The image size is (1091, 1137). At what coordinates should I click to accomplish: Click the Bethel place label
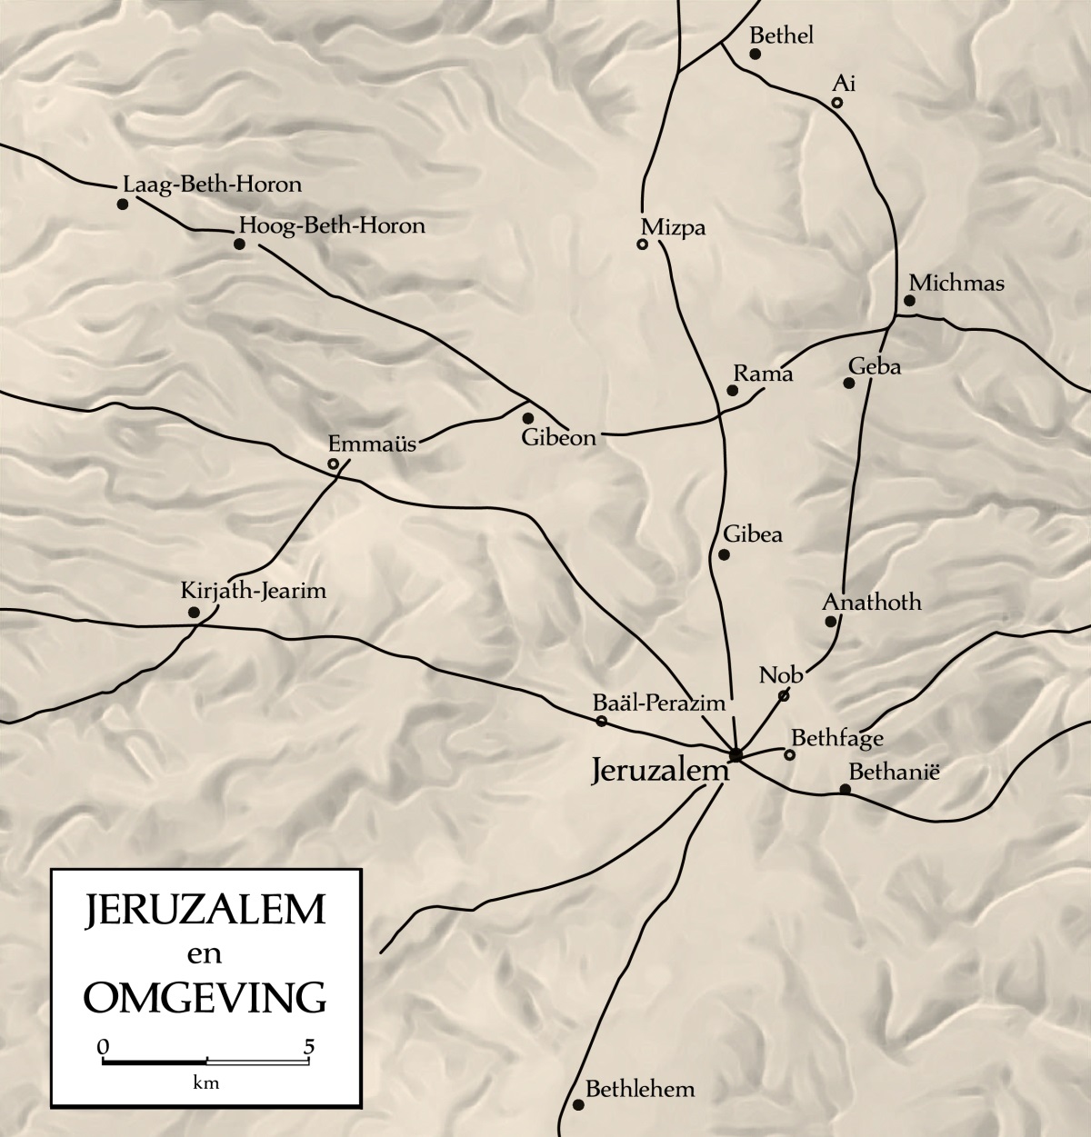coord(780,35)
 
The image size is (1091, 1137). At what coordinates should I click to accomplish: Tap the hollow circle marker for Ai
coord(836,103)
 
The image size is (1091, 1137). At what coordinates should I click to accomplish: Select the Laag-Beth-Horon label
coord(211,185)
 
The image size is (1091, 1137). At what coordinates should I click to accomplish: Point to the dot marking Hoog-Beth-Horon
coord(239,244)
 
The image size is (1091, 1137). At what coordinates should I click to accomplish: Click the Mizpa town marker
coord(642,244)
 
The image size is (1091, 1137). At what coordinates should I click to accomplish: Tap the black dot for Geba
coord(849,383)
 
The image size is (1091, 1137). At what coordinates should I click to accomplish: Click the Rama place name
coord(763,374)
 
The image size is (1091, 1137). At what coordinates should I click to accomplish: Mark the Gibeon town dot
coord(527,418)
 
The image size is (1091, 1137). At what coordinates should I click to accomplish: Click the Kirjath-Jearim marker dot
coord(194,613)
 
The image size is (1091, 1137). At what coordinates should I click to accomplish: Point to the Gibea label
coord(753,534)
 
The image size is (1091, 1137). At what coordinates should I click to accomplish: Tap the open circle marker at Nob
coord(783,696)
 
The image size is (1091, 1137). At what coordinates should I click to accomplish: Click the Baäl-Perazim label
coord(658,703)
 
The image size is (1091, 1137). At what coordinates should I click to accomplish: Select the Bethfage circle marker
coord(789,754)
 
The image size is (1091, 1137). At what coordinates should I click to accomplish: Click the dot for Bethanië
coord(845,789)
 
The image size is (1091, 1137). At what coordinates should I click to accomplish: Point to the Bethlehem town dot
coord(578,1105)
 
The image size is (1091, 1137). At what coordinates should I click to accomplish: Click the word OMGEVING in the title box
coord(205,996)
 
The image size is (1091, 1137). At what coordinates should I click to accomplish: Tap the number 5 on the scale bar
coord(310,1046)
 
